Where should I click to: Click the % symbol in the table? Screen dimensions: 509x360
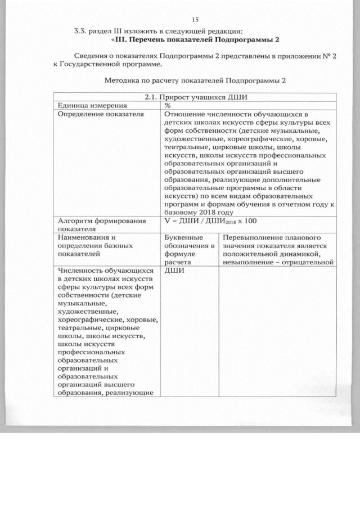(x=168, y=105)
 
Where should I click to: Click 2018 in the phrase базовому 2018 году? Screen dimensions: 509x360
(x=207, y=213)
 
